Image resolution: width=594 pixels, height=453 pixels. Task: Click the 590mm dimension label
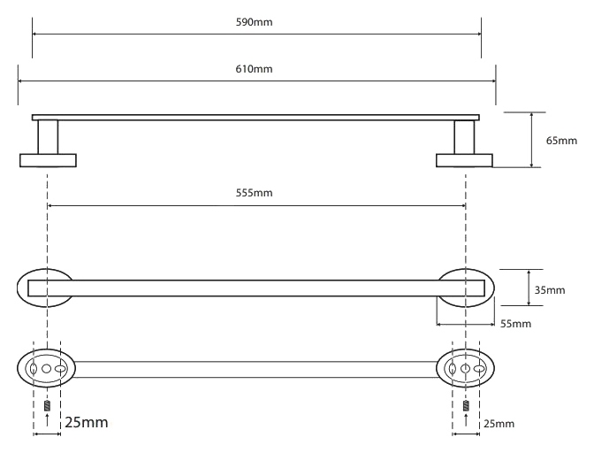(x=254, y=22)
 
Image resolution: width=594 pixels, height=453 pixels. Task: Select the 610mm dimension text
(x=254, y=69)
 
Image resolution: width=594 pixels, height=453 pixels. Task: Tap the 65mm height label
(x=561, y=141)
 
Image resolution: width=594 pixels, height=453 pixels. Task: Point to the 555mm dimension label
(x=254, y=193)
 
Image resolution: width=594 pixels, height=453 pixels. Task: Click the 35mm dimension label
(x=550, y=290)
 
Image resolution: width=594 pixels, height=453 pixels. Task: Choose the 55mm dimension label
(x=515, y=324)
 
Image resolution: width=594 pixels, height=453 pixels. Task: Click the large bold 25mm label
(x=87, y=422)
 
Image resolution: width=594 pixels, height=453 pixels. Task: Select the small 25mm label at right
(x=499, y=424)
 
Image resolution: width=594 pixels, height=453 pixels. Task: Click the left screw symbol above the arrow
(x=47, y=406)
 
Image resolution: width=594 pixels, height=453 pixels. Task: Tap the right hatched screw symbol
(x=466, y=406)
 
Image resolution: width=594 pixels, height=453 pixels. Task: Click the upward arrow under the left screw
(x=47, y=420)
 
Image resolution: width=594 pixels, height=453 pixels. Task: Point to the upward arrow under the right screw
(x=466, y=420)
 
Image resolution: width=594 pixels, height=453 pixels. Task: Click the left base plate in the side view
(x=48, y=160)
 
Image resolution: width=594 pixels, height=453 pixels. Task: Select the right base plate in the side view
(x=464, y=160)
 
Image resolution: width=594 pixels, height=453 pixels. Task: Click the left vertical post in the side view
(x=48, y=137)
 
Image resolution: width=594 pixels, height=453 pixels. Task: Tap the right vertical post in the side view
(x=464, y=137)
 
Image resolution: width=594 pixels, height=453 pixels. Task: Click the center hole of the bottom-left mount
(x=46, y=368)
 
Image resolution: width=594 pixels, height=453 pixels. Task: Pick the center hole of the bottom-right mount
(x=465, y=368)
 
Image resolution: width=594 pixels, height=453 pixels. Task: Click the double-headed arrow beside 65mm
(x=531, y=140)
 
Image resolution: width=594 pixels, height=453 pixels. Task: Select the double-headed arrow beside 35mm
(x=529, y=288)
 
